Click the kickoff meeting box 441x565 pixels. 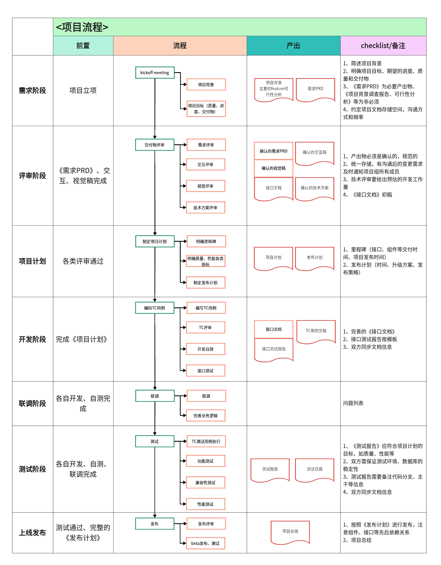coord(155,73)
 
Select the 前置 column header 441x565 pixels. coord(83,45)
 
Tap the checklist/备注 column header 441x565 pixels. coord(383,45)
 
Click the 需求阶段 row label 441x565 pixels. coord(32,91)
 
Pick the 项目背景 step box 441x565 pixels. coord(206,85)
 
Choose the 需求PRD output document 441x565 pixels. coord(315,89)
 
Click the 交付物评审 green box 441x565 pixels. coord(154,145)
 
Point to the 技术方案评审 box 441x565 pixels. coord(205,208)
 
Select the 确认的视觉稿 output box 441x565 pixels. coord(273,168)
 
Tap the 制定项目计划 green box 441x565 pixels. coord(155,241)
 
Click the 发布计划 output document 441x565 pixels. coord(314,258)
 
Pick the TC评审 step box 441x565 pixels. coord(205,328)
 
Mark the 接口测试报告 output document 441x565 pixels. coord(273,349)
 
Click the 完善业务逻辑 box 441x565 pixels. coord(205,416)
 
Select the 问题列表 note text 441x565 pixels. coord(353,403)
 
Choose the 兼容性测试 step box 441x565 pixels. coord(205,483)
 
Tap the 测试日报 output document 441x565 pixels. coord(314,469)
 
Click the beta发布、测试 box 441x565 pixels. coord(205,543)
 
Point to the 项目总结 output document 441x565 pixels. coord(290,531)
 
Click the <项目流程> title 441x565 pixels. coord(82,27)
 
